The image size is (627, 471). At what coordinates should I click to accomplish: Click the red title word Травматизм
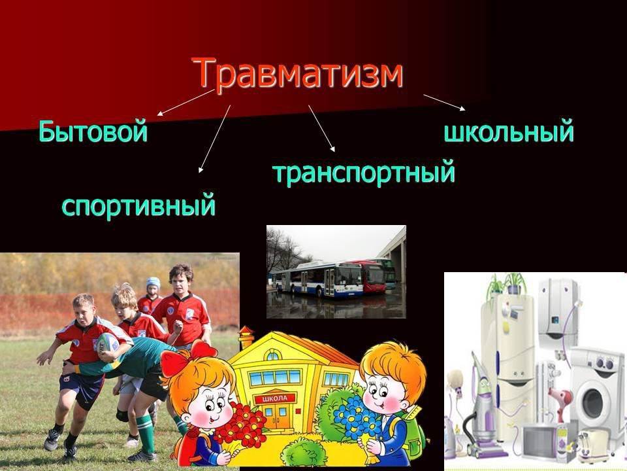(297, 73)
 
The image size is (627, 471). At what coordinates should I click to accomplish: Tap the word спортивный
(138, 205)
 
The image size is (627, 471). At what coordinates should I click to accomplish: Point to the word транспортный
(364, 172)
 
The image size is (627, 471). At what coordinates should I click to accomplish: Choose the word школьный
(509, 131)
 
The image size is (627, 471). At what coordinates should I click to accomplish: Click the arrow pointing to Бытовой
(185, 103)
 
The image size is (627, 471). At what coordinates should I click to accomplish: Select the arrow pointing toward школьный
(444, 102)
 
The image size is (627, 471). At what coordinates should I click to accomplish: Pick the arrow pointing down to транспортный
(321, 129)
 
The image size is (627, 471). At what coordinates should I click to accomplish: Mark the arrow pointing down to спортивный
(215, 139)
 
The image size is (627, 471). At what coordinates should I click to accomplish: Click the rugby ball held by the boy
(108, 343)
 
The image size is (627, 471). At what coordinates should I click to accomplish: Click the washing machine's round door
(592, 403)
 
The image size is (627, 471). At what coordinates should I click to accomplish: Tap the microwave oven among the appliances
(543, 441)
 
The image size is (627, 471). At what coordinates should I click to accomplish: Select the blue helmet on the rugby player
(153, 283)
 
